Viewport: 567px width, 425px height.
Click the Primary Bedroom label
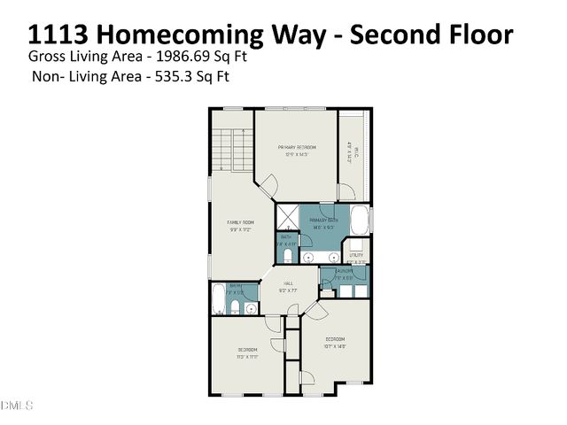click(x=296, y=147)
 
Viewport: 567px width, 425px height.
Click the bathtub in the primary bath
click(x=360, y=219)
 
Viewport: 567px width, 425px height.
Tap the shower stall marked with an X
click(x=286, y=217)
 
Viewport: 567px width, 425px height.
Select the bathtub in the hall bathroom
click(x=217, y=299)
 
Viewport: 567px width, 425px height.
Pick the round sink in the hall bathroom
click(x=251, y=308)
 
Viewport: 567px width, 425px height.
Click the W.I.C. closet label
click(x=351, y=152)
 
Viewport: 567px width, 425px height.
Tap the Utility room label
click(x=356, y=258)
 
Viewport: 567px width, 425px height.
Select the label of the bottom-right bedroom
click(x=334, y=340)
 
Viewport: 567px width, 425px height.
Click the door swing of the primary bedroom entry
click(x=268, y=187)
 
